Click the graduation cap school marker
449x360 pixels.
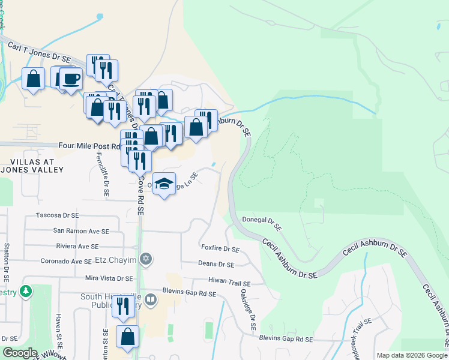pos(163,184)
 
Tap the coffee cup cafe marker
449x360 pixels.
pos(71,79)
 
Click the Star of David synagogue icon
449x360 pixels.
pos(145,259)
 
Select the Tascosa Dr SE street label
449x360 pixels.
pos(58,215)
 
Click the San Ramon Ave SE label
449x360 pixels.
pos(81,230)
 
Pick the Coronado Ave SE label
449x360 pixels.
pos(66,262)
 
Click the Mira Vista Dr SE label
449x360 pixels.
pos(109,278)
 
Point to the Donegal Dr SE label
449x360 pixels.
pos(262,223)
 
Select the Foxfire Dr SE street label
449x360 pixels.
pos(220,248)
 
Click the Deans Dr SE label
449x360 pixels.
pos(216,264)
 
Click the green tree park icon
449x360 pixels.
pos(26,292)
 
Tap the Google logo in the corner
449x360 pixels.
pos(20,353)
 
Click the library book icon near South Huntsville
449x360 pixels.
pos(151,298)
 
